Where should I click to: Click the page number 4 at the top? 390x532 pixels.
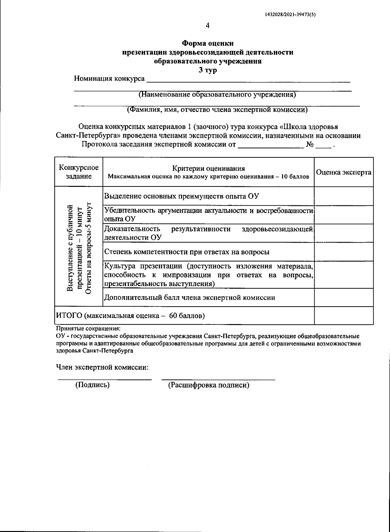(208, 26)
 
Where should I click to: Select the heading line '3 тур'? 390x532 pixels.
(208, 70)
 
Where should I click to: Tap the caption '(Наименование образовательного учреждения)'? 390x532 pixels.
(217, 95)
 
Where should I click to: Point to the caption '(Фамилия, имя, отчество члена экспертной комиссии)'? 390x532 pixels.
(217, 110)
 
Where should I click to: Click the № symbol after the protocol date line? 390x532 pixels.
(309, 145)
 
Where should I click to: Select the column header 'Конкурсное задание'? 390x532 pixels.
(79, 172)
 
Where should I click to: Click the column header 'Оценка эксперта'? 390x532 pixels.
(344, 172)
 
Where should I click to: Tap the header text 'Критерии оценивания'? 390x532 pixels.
(208, 168)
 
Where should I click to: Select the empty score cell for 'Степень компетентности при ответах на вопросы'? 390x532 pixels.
(344, 251)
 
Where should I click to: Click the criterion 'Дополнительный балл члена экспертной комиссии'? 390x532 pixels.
(190, 297)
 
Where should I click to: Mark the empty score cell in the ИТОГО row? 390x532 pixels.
(344, 315)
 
